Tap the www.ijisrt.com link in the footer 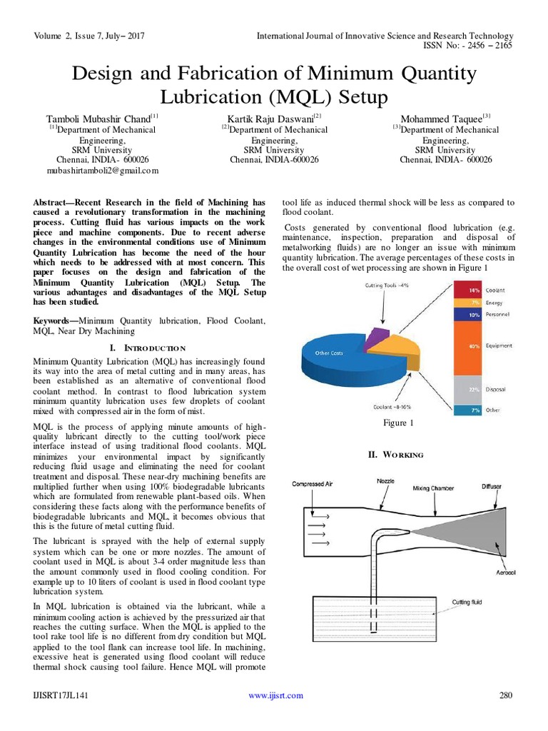[x=275, y=695]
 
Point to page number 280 [x=504, y=695]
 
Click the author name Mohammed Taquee [x=443, y=119]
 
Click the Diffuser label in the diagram [x=491, y=486]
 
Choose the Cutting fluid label [x=467, y=603]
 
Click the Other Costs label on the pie [x=329, y=353]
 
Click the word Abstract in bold [x=52, y=203]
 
